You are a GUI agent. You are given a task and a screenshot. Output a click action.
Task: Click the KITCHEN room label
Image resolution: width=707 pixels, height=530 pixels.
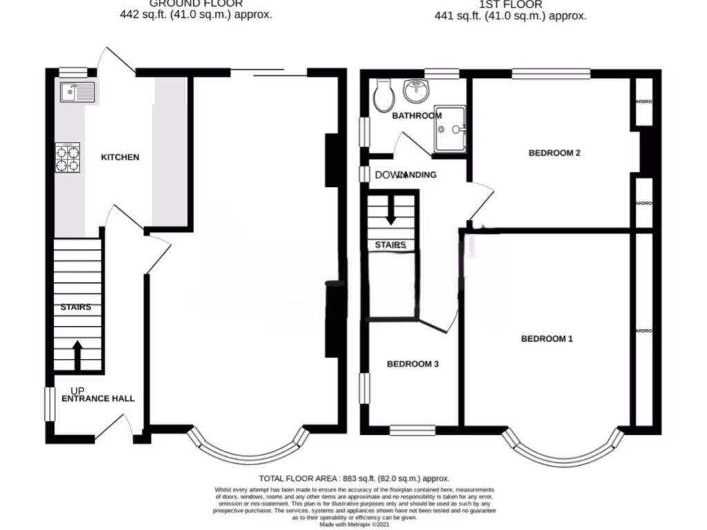pos(120,157)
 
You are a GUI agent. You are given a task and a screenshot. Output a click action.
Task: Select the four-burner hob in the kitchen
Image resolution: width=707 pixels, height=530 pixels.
pos(67,156)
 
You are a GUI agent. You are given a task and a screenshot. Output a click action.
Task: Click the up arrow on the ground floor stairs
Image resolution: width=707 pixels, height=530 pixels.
pos(77,354)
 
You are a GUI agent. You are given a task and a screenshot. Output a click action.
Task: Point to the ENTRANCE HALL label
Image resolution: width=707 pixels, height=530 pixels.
pos(98,399)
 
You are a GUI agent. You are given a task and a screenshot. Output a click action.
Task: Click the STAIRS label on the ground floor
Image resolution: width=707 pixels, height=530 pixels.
pos(76,307)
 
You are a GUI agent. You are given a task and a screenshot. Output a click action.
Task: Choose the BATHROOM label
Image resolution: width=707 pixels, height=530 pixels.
pos(416,116)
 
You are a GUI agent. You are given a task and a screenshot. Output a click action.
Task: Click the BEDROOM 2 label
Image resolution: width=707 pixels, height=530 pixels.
pos(554,153)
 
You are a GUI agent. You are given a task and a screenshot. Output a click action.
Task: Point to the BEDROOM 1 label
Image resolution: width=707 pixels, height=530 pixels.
pos(547,339)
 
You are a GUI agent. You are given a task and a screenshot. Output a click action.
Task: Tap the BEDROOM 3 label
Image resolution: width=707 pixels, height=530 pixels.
pos(412,364)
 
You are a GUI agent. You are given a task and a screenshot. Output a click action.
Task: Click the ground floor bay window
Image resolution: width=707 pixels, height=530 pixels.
pos(248,449)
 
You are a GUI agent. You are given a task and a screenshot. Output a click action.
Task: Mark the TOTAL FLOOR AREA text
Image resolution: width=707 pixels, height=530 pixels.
pos(354,478)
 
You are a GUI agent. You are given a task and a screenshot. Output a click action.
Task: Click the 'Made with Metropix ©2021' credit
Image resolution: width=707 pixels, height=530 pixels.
pos(354,524)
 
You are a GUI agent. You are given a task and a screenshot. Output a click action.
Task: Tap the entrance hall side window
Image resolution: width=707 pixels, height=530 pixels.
pos(50,403)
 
